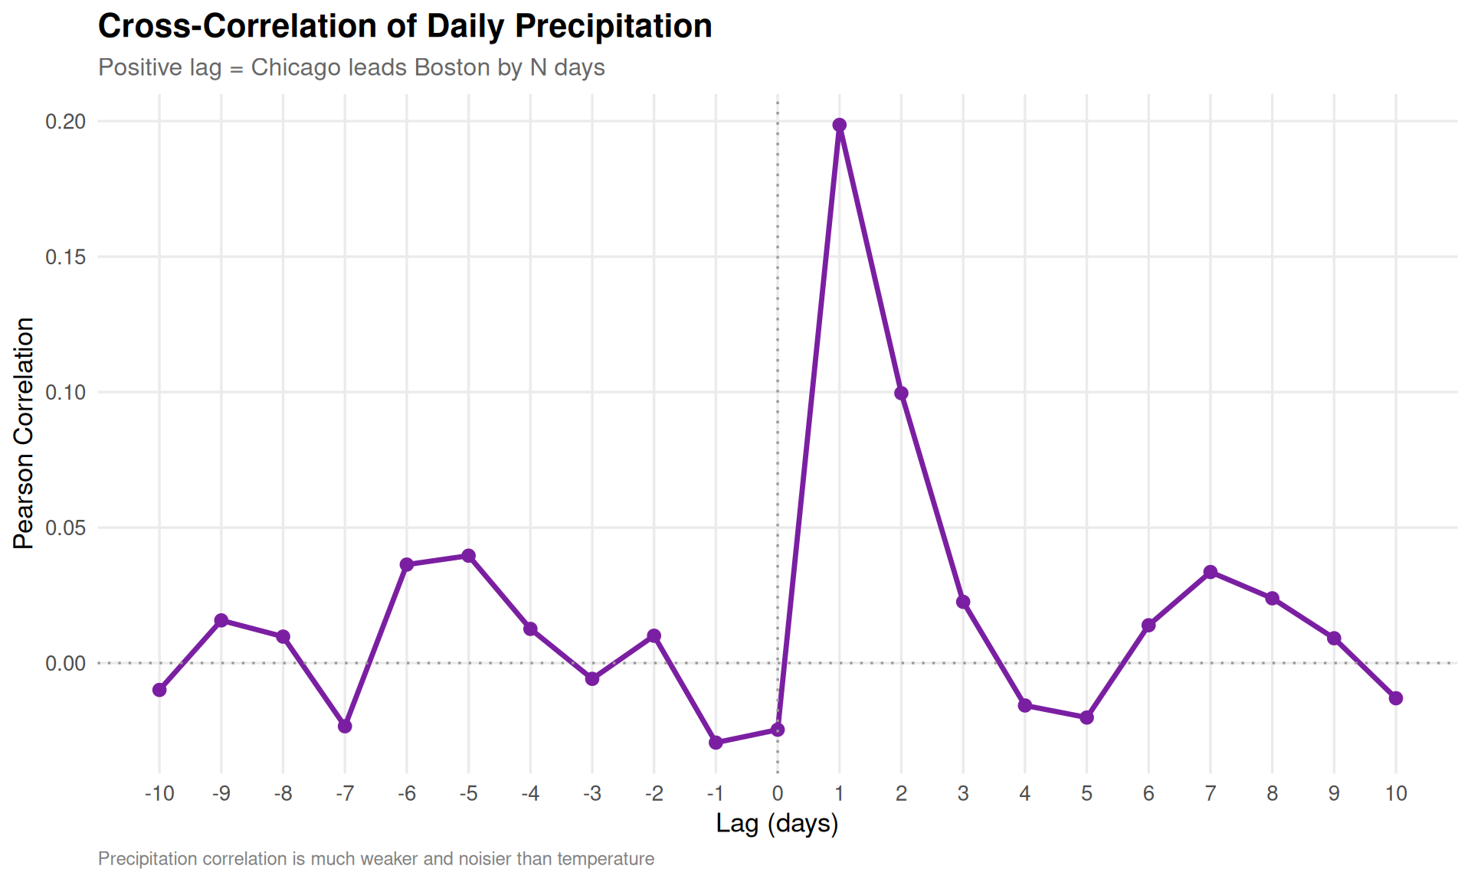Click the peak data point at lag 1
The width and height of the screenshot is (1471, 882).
point(839,125)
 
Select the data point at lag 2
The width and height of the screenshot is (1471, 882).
point(901,394)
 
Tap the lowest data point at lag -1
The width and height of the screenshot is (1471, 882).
point(716,743)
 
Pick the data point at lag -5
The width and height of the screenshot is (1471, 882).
point(468,556)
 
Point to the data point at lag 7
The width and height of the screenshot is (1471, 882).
point(1211,572)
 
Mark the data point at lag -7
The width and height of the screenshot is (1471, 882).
point(345,726)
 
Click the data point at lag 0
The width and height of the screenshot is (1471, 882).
point(778,730)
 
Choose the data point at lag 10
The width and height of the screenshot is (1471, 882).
point(1396,698)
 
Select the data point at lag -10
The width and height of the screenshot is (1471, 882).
point(159,690)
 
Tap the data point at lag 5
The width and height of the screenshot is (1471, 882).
point(1086,717)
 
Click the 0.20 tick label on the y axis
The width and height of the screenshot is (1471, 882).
point(65,122)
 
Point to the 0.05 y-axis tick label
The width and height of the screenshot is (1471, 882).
point(65,528)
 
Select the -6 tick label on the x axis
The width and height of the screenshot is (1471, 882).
point(406,794)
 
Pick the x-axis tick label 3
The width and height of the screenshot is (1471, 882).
point(963,794)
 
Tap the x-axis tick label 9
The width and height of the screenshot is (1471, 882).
point(1334,794)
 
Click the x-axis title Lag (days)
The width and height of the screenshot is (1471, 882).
point(777,824)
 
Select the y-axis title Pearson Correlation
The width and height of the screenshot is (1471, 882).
point(24,433)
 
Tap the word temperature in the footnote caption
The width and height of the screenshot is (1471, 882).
point(605,859)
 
